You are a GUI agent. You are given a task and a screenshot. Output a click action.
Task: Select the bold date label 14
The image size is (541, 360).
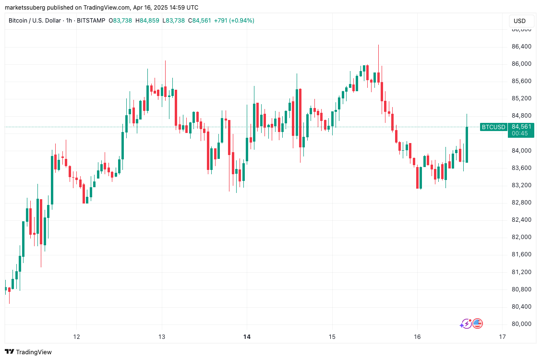coord(247,337)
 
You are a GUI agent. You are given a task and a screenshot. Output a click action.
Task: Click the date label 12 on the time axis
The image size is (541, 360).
coord(76,337)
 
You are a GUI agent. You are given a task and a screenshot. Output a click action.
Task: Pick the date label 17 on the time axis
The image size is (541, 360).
coord(502,337)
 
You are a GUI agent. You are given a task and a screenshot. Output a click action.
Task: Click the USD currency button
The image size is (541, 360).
coord(519,21)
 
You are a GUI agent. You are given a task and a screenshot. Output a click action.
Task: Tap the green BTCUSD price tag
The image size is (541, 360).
coord(493,127)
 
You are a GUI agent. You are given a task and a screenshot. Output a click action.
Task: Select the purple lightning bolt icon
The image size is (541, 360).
coord(465,324)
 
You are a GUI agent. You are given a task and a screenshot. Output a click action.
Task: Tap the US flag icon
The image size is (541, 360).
coord(477,324)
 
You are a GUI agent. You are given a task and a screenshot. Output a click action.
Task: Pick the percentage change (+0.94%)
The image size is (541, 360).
coord(241,21)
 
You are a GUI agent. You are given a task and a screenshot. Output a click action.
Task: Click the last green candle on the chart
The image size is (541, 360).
coord(467,144)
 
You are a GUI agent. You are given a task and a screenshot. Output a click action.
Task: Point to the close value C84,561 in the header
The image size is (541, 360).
coord(199,21)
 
